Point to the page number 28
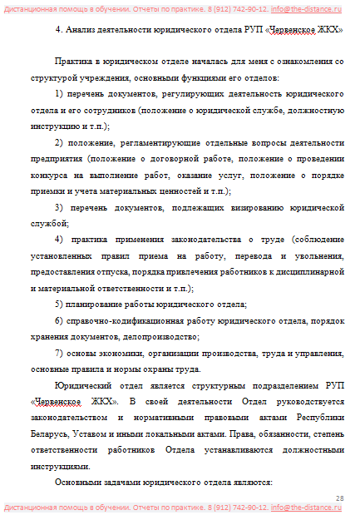339,498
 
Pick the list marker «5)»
59,304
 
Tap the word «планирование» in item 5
96,304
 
